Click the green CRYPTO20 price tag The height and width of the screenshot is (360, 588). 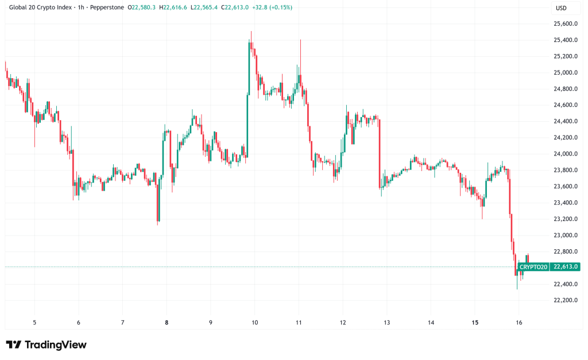point(533,266)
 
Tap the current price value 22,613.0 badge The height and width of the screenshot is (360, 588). point(565,266)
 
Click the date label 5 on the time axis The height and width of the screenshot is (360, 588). point(34,323)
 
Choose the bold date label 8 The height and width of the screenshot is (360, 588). point(167,323)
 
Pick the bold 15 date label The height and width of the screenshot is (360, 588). point(474,323)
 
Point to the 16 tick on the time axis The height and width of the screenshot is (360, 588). point(519,323)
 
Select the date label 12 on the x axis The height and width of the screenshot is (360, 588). point(342,323)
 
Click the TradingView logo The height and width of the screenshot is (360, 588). point(47,344)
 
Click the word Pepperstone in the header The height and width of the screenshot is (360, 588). point(105,7)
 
